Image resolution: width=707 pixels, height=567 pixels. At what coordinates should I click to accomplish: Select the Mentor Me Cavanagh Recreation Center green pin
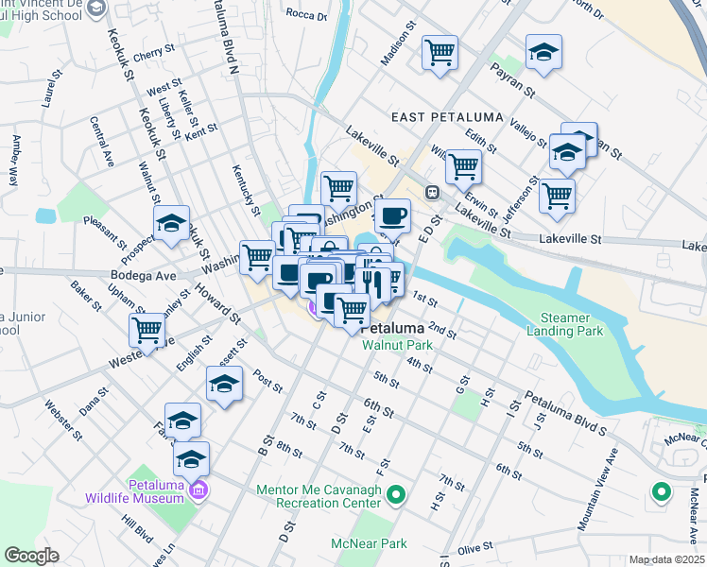click(x=397, y=493)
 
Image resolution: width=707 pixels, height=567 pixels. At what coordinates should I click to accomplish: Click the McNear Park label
click(x=369, y=543)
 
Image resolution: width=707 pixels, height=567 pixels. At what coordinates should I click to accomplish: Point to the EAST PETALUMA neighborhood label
click(x=434, y=115)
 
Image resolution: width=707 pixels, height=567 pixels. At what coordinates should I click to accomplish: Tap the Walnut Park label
click(x=398, y=345)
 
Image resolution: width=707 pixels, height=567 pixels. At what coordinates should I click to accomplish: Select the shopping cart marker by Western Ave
click(x=147, y=331)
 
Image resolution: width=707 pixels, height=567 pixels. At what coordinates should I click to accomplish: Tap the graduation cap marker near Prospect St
click(x=172, y=224)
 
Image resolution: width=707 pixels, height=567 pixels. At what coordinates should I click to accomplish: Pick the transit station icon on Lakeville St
click(x=432, y=192)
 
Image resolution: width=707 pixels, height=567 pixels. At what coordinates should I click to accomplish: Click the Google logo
click(x=31, y=556)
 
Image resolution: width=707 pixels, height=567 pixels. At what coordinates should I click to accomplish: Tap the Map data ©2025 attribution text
click(x=666, y=559)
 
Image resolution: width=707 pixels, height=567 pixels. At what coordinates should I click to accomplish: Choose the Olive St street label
click(x=475, y=548)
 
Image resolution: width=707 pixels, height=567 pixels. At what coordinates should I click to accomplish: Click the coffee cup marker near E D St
click(x=392, y=216)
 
